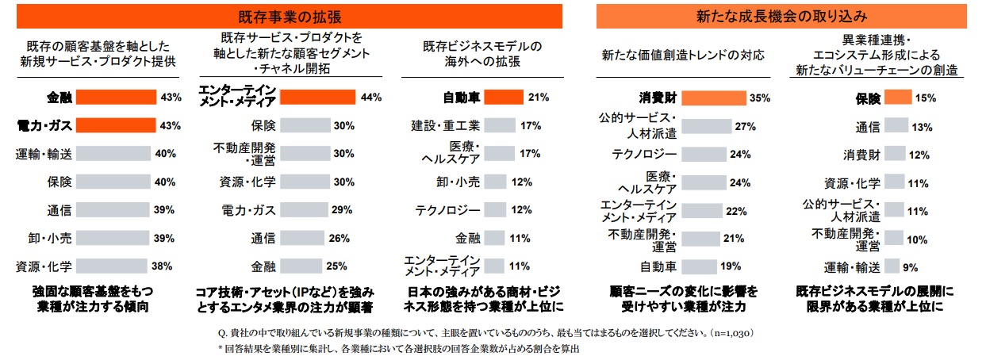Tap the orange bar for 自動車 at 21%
(504, 98)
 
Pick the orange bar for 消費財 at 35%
(713, 98)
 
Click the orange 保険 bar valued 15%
(898, 98)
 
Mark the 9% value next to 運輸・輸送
(910, 266)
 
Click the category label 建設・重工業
(445, 125)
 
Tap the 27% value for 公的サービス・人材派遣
(744, 126)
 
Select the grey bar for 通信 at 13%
(896, 126)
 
